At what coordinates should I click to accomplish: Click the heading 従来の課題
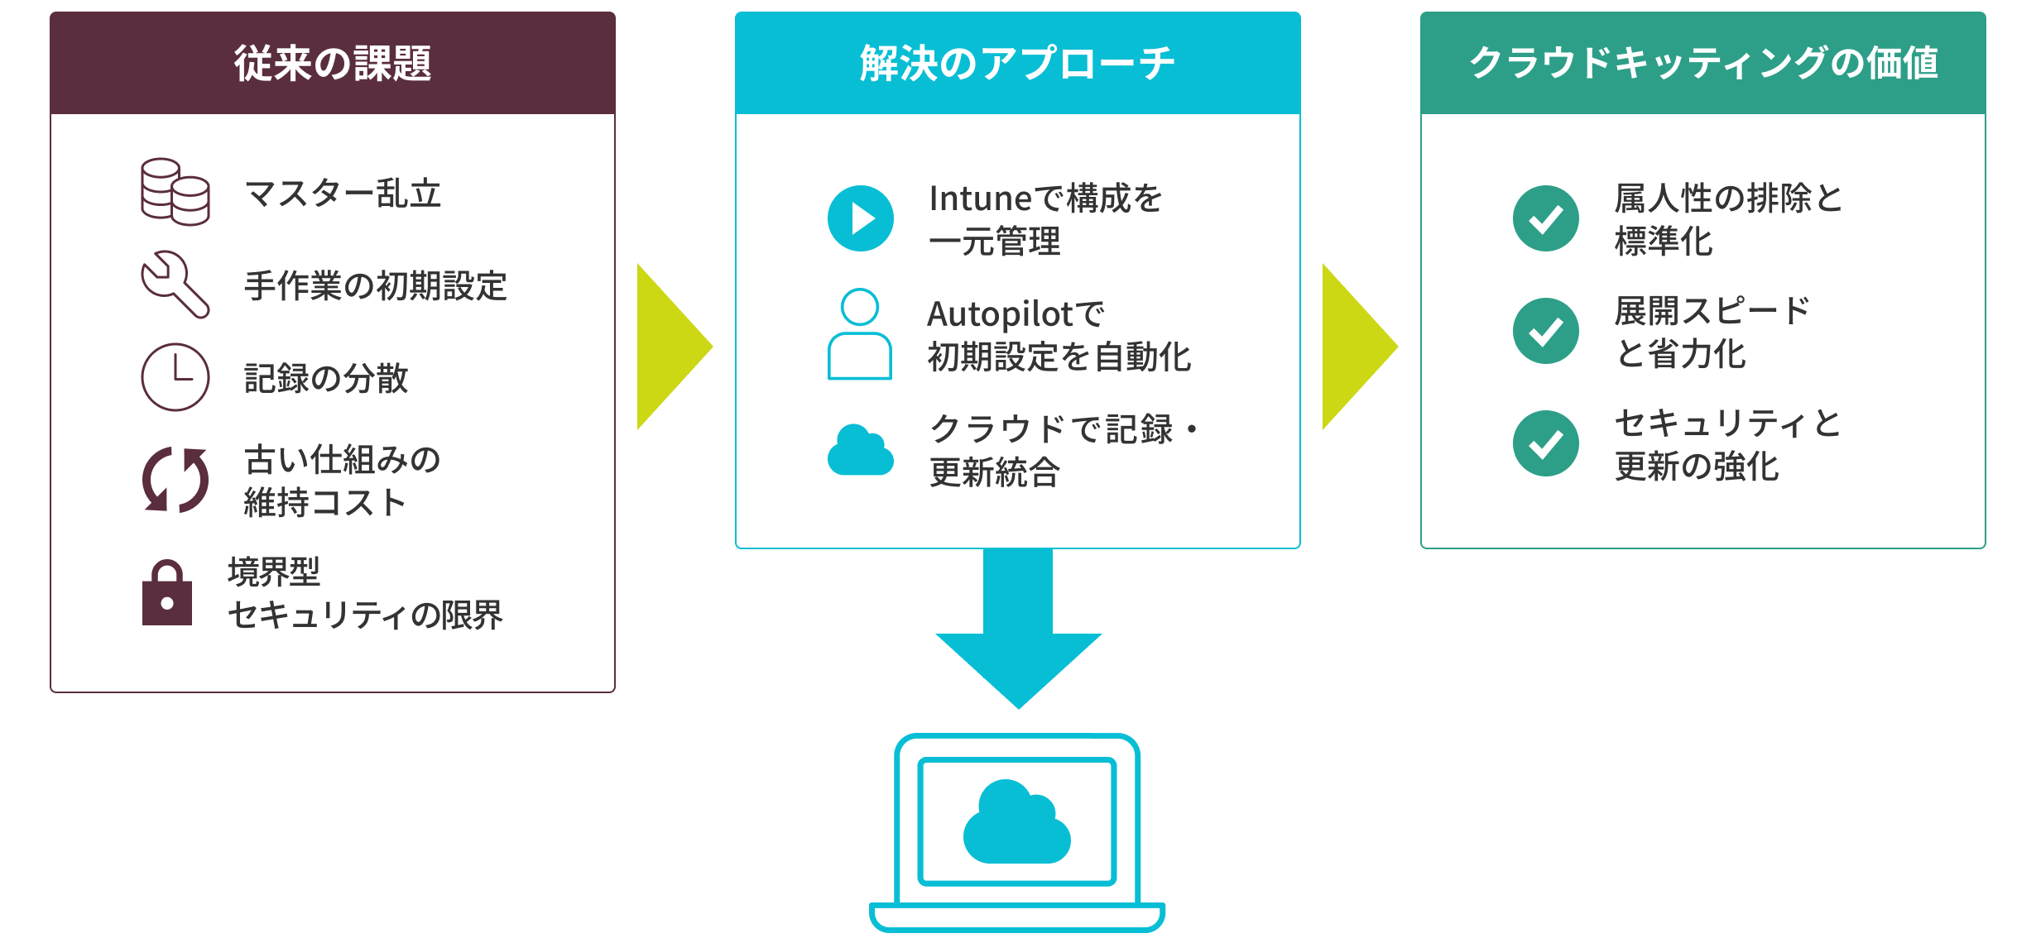click(332, 64)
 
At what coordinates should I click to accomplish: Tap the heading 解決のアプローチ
click(1017, 64)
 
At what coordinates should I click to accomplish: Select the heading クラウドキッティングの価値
click(1702, 64)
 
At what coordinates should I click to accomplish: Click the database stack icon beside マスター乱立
click(175, 192)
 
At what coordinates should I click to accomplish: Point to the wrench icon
click(175, 285)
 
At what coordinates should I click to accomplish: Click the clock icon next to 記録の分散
click(175, 377)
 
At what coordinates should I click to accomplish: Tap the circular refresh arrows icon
click(175, 480)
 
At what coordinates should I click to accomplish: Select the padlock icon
click(167, 593)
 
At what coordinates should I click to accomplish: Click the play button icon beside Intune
click(861, 218)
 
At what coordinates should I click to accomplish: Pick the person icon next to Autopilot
click(860, 334)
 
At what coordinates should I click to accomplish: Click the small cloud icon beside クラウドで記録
click(861, 451)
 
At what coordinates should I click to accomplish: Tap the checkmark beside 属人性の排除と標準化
click(1545, 218)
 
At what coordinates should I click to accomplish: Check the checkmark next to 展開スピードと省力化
click(1545, 331)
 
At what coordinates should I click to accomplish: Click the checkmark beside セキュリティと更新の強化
click(1545, 443)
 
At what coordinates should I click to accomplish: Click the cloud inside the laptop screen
click(1017, 822)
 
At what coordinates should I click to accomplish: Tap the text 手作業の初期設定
click(375, 286)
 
